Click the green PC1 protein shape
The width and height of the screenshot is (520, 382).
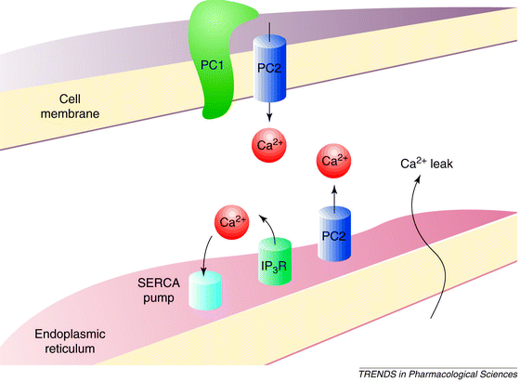point(214,63)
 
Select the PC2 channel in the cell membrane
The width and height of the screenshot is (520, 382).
point(269,69)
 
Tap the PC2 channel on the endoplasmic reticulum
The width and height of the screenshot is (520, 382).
point(334,233)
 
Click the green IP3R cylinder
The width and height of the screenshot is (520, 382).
point(275,261)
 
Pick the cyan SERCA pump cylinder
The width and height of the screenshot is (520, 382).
point(205,290)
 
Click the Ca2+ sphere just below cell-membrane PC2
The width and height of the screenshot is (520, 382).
point(269,145)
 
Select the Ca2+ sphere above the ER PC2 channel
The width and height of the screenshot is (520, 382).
point(333,161)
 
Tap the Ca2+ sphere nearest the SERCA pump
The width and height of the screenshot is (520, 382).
point(232,222)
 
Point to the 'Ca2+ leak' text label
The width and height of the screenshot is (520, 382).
point(426,163)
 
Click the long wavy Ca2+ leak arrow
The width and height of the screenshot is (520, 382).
point(419,245)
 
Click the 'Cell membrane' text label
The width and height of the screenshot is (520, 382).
point(70,106)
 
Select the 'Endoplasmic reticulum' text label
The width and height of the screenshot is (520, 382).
point(70,341)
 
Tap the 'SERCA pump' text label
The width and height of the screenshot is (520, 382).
point(159,290)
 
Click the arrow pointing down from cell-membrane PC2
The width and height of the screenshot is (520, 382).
point(269,112)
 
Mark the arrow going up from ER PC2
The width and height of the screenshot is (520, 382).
point(334,198)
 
